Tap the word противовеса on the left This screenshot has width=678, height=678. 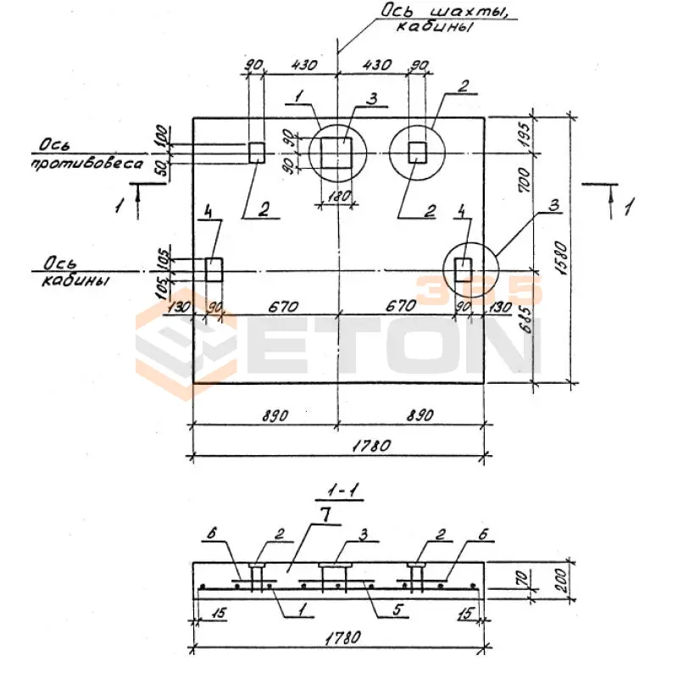87,164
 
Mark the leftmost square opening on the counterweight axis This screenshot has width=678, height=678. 257,153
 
